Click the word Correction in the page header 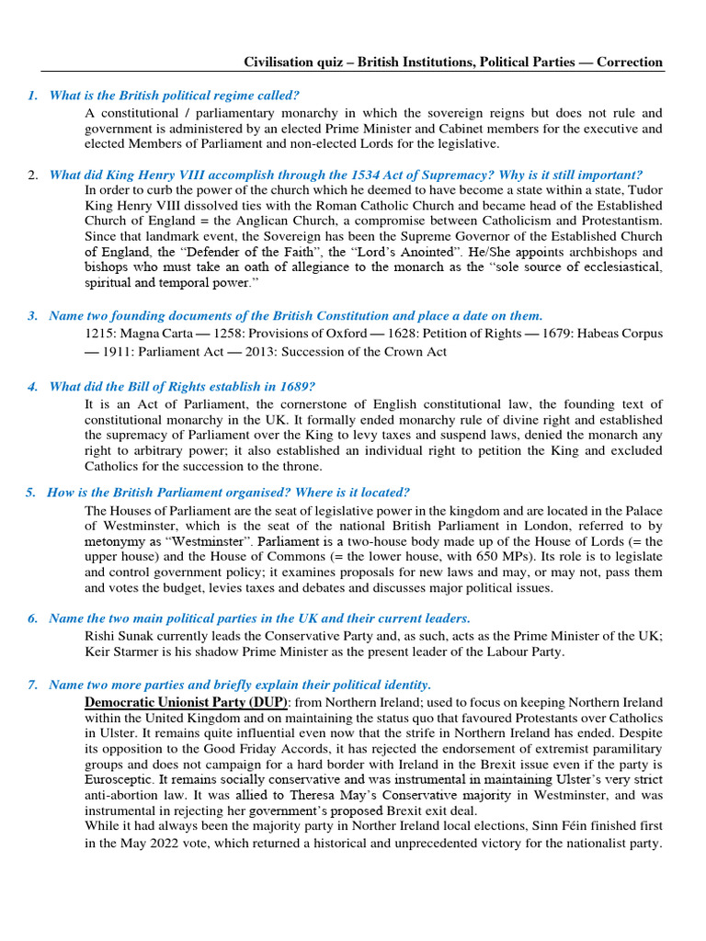[630, 62]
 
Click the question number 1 [31, 96]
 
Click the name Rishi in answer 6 [100, 636]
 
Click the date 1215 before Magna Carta [99, 333]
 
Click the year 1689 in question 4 [297, 386]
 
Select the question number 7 [32, 685]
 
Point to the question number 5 [30, 493]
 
